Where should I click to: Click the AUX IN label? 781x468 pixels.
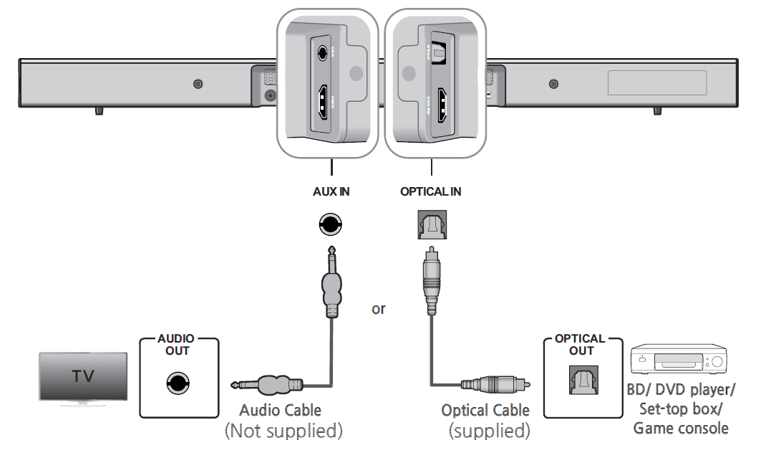pyautogui.click(x=331, y=192)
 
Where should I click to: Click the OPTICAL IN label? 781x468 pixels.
pyautogui.click(x=430, y=192)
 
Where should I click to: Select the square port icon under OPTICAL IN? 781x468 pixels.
pyautogui.click(x=431, y=226)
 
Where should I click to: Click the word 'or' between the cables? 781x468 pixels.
pyautogui.click(x=378, y=309)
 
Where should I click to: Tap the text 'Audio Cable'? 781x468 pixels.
pyautogui.click(x=280, y=411)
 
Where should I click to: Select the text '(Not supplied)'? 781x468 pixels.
pyautogui.click(x=283, y=431)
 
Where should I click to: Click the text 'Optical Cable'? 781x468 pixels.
pyautogui.click(x=485, y=411)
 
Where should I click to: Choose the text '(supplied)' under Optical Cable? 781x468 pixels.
pyautogui.click(x=490, y=431)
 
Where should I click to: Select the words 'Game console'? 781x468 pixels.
pyautogui.click(x=681, y=429)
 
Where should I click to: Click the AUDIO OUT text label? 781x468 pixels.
pyautogui.click(x=177, y=345)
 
